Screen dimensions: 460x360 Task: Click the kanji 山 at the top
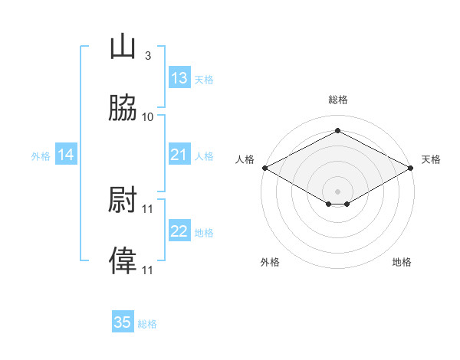pyautogui.click(x=123, y=46)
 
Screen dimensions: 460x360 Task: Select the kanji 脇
pyautogui.click(x=123, y=107)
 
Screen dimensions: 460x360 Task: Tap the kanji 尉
pyautogui.click(x=123, y=199)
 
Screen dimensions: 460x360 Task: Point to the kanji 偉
pyautogui.click(x=123, y=260)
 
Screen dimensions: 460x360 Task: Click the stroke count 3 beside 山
pyautogui.click(x=148, y=56)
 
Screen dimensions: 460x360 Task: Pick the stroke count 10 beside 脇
pyautogui.click(x=147, y=117)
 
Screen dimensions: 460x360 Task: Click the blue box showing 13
pyautogui.click(x=179, y=77)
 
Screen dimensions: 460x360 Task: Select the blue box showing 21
pyautogui.click(x=179, y=154)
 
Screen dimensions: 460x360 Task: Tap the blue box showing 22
pyautogui.click(x=179, y=230)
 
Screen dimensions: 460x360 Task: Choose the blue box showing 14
pyautogui.click(x=66, y=154)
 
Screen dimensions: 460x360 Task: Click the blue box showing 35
pyautogui.click(x=123, y=321)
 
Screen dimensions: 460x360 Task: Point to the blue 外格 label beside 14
pyautogui.click(x=41, y=156)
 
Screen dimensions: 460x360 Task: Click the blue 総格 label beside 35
pyautogui.click(x=147, y=324)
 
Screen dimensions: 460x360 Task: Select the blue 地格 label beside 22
pyautogui.click(x=204, y=233)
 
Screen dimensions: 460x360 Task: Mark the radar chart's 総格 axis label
pyautogui.click(x=338, y=100)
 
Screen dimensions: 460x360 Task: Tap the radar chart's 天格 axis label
pyautogui.click(x=431, y=159)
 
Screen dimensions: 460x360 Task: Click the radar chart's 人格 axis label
pyautogui.click(x=245, y=159)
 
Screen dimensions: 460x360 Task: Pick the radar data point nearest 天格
pyautogui.click(x=411, y=168)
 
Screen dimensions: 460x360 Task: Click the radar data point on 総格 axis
pyautogui.click(x=337, y=130)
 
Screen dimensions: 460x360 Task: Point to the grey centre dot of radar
pyautogui.click(x=337, y=191)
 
